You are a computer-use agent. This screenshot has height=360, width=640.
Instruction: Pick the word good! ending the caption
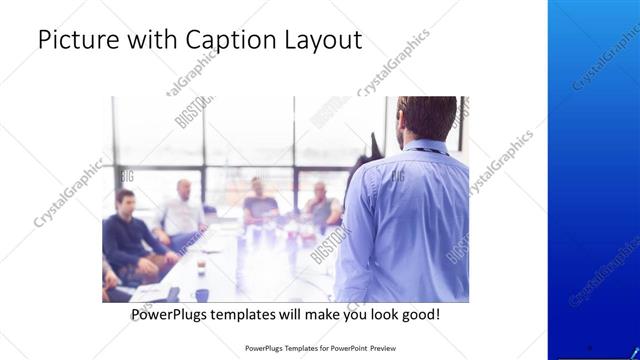(x=419, y=315)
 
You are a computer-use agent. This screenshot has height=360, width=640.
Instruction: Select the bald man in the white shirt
(x=181, y=212)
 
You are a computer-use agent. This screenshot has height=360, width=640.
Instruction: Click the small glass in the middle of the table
(x=200, y=263)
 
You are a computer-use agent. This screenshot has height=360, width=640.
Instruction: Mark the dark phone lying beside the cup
(x=174, y=294)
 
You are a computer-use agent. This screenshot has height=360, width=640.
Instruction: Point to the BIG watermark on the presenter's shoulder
(x=397, y=175)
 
